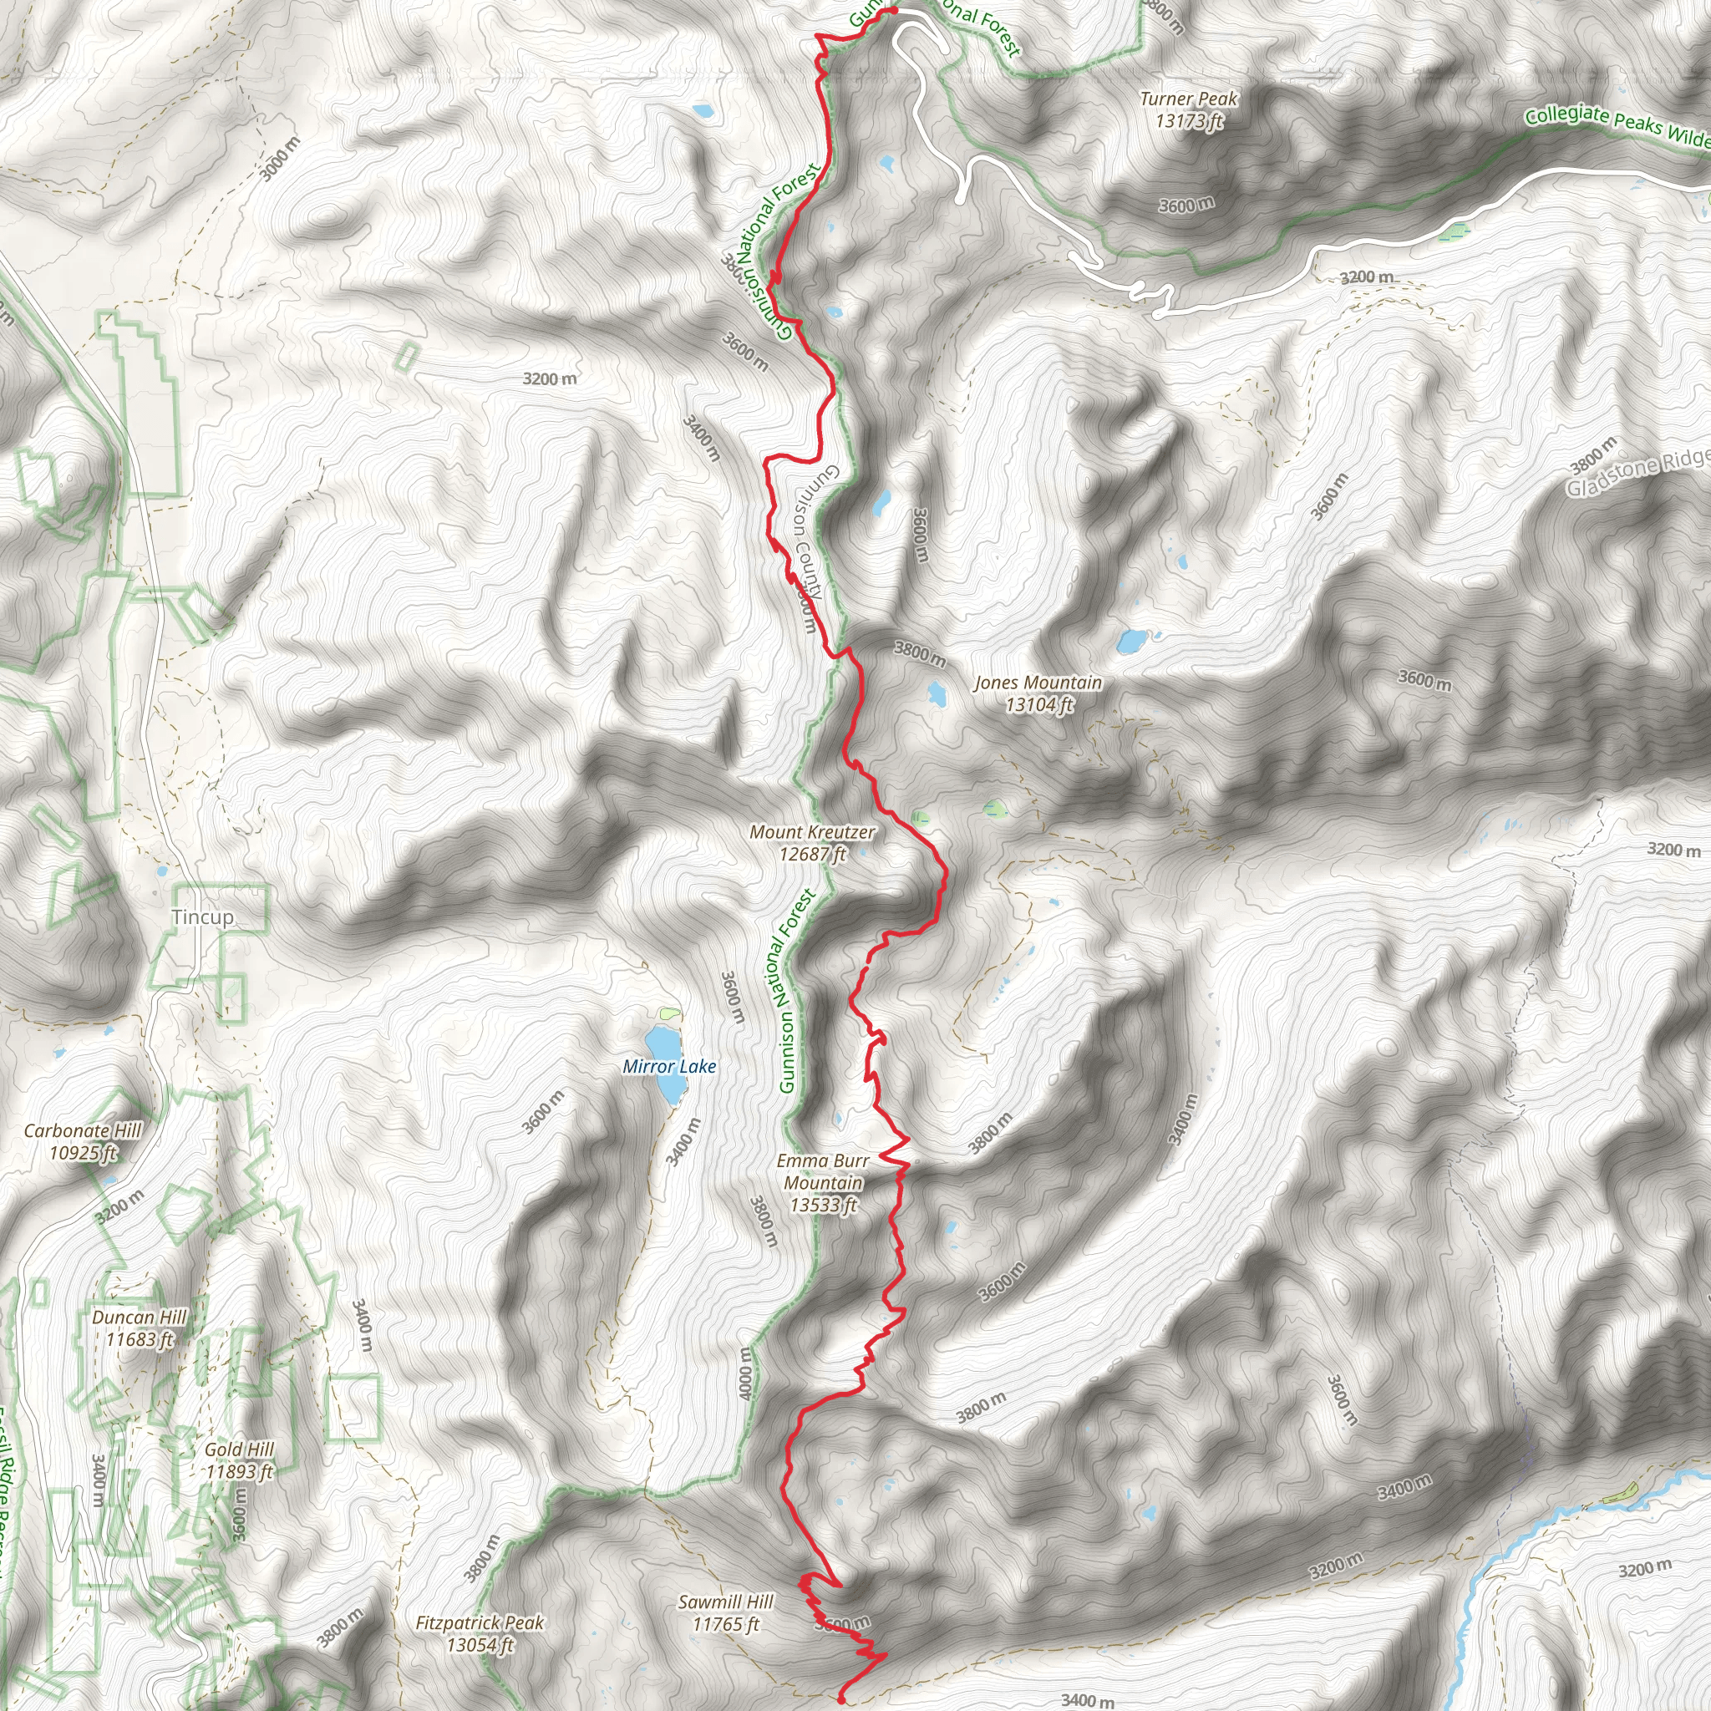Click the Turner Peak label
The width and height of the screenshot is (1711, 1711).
tap(1189, 109)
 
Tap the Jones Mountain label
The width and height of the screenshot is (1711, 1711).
tap(1038, 693)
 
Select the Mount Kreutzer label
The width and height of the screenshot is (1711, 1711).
tap(812, 842)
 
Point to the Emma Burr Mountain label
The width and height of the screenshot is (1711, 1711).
tap(824, 1182)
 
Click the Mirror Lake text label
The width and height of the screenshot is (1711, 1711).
tap(669, 1066)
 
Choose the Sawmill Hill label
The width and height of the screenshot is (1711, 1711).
tap(726, 1612)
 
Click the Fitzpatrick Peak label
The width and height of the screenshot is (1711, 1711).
tap(480, 1634)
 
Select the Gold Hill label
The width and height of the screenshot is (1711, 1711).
tap(239, 1460)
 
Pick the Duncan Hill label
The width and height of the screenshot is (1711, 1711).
tap(139, 1328)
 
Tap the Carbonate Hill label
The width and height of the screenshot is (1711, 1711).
tap(83, 1141)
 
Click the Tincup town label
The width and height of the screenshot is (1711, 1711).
tap(203, 916)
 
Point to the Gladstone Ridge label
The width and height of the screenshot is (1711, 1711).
tap(1638, 473)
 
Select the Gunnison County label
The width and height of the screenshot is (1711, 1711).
tap(808, 531)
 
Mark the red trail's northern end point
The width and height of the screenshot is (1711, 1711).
tap(894, 10)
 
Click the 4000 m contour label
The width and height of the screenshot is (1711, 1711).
tap(746, 1373)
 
